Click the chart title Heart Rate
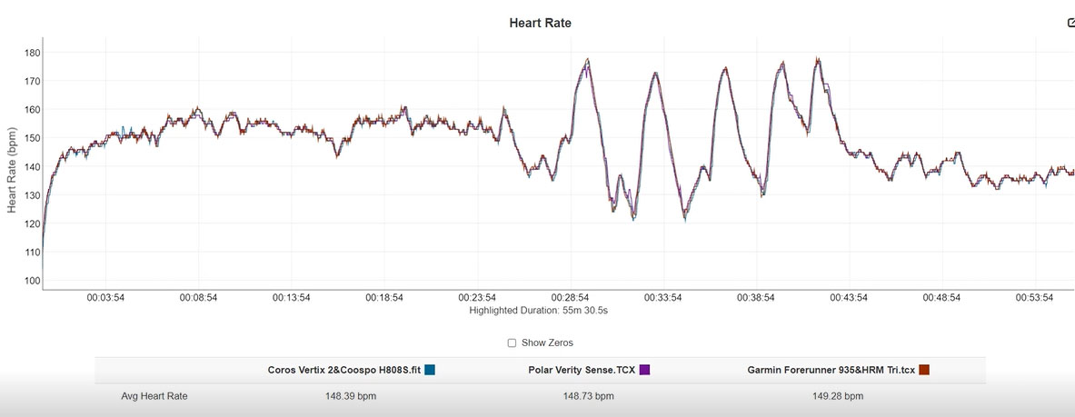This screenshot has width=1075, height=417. (x=540, y=23)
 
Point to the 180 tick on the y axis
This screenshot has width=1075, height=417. (x=33, y=52)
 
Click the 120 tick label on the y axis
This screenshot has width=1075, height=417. (x=33, y=223)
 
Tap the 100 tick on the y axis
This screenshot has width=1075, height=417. (x=33, y=281)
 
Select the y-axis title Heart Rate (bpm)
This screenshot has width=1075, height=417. (x=13, y=169)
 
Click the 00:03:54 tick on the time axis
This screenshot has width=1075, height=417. (x=105, y=298)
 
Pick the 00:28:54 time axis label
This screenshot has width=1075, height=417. (x=570, y=298)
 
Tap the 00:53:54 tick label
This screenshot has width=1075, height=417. (x=1034, y=298)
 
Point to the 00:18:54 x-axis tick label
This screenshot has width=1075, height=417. (x=383, y=298)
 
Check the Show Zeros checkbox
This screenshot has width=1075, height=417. (x=512, y=343)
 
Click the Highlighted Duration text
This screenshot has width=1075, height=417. (x=538, y=311)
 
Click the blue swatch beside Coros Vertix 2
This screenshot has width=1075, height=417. (x=430, y=370)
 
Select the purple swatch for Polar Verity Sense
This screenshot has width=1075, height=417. (x=644, y=370)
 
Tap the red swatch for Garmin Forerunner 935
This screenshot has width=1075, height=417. (x=924, y=370)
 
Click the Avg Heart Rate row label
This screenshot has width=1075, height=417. (x=154, y=396)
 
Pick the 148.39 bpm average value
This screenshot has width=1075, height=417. (x=351, y=396)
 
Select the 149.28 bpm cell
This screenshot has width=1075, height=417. (x=838, y=396)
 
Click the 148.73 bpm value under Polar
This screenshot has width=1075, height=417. (x=588, y=396)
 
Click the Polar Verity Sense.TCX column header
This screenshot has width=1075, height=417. (x=582, y=370)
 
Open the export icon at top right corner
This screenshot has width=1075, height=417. (x=1070, y=23)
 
